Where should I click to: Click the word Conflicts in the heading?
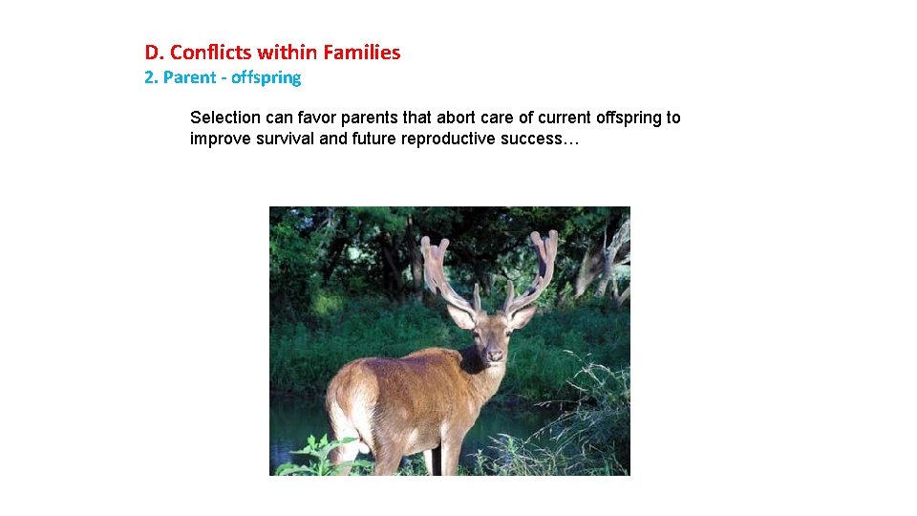click(207, 53)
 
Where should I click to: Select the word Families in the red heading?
click(362, 53)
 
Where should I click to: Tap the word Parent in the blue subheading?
click(189, 77)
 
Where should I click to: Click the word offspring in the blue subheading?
click(266, 77)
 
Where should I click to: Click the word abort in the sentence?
click(456, 118)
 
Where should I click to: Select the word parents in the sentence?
click(402, 118)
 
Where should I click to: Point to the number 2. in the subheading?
click(151, 77)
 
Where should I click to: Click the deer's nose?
click(495, 356)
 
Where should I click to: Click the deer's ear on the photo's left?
click(462, 316)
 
